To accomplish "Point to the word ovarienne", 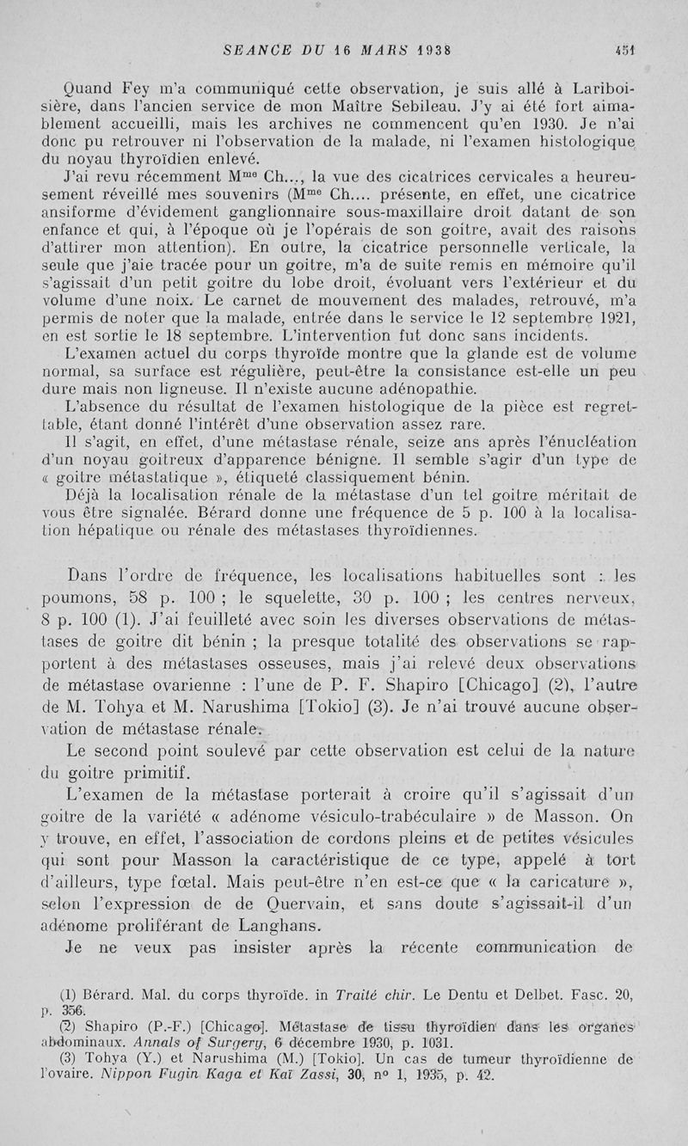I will [211, 687].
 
